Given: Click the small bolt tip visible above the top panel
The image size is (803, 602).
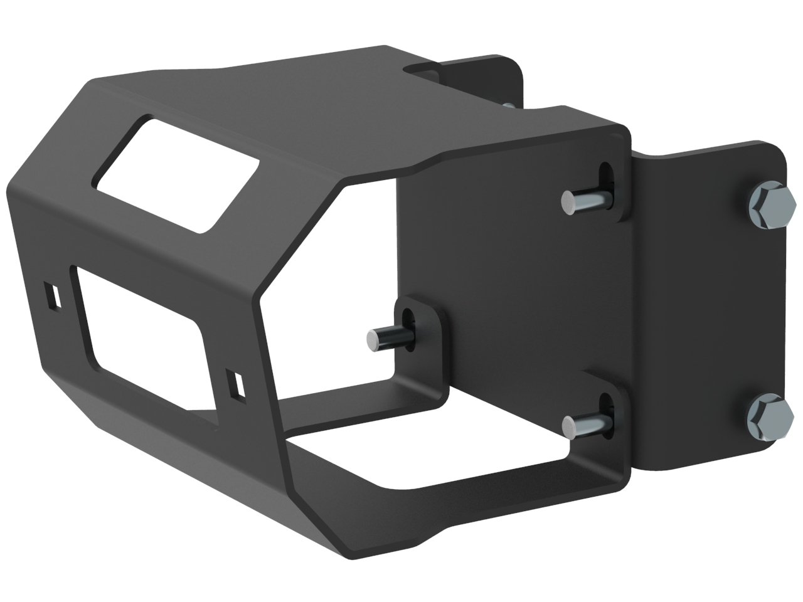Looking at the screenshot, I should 509,105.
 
